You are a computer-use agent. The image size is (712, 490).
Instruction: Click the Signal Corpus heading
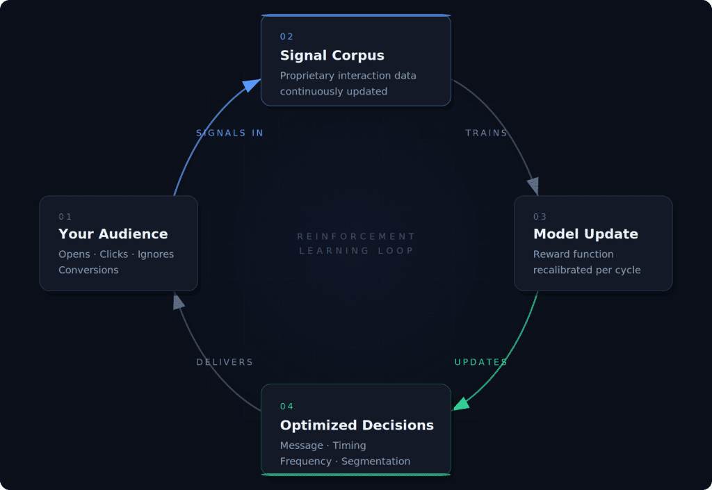(x=332, y=56)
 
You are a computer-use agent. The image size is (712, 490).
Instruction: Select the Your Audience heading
(x=113, y=234)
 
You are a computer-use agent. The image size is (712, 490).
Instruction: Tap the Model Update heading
(x=585, y=234)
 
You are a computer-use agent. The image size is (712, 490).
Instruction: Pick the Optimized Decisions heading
(x=357, y=425)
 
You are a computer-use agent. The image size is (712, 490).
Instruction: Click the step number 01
(x=65, y=217)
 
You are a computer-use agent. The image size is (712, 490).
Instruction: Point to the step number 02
(x=287, y=37)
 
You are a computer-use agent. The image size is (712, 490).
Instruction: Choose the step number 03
(x=540, y=217)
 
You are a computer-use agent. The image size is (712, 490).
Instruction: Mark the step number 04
(x=287, y=407)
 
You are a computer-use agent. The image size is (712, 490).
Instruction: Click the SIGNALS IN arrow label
(x=229, y=133)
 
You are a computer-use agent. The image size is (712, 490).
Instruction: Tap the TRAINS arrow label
(x=486, y=133)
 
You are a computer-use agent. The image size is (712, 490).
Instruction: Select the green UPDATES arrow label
(x=480, y=362)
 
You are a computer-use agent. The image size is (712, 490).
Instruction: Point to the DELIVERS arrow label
(x=225, y=362)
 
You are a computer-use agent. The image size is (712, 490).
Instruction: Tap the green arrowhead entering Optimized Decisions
(x=461, y=404)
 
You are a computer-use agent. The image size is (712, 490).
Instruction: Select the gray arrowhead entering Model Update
(x=533, y=186)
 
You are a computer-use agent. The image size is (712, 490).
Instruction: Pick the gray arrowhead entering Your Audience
(x=178, y=301)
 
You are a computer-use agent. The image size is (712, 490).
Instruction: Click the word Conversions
(x=88, y=270)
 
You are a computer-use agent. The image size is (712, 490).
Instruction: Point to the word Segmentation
(x=375, y=462)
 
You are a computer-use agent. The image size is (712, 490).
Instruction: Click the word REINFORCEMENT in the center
(x=356, y=236)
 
